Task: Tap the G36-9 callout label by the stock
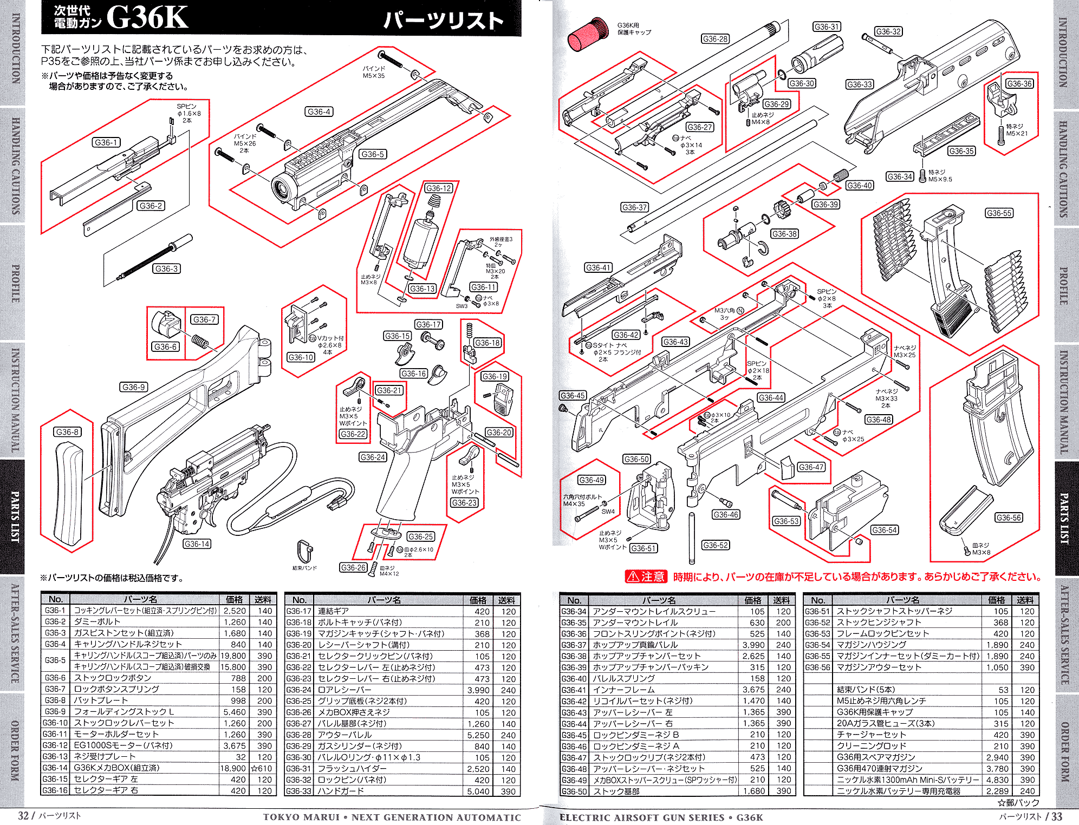[134, 387]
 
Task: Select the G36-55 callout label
[999, 213]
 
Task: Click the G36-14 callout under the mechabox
[197, 544]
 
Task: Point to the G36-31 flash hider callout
[827, 27]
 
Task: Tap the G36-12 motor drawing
[420, 238]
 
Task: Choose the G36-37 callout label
[634, 207]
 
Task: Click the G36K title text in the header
[147, 18]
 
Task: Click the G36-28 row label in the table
[298, 735]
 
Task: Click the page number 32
[23, 815]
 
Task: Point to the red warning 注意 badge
[645, 577]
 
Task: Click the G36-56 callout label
[1009, 518]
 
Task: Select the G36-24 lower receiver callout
[373, 457]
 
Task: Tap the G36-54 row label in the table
[817, 645]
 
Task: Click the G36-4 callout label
[319, 112]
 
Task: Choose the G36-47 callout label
[811, 467]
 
